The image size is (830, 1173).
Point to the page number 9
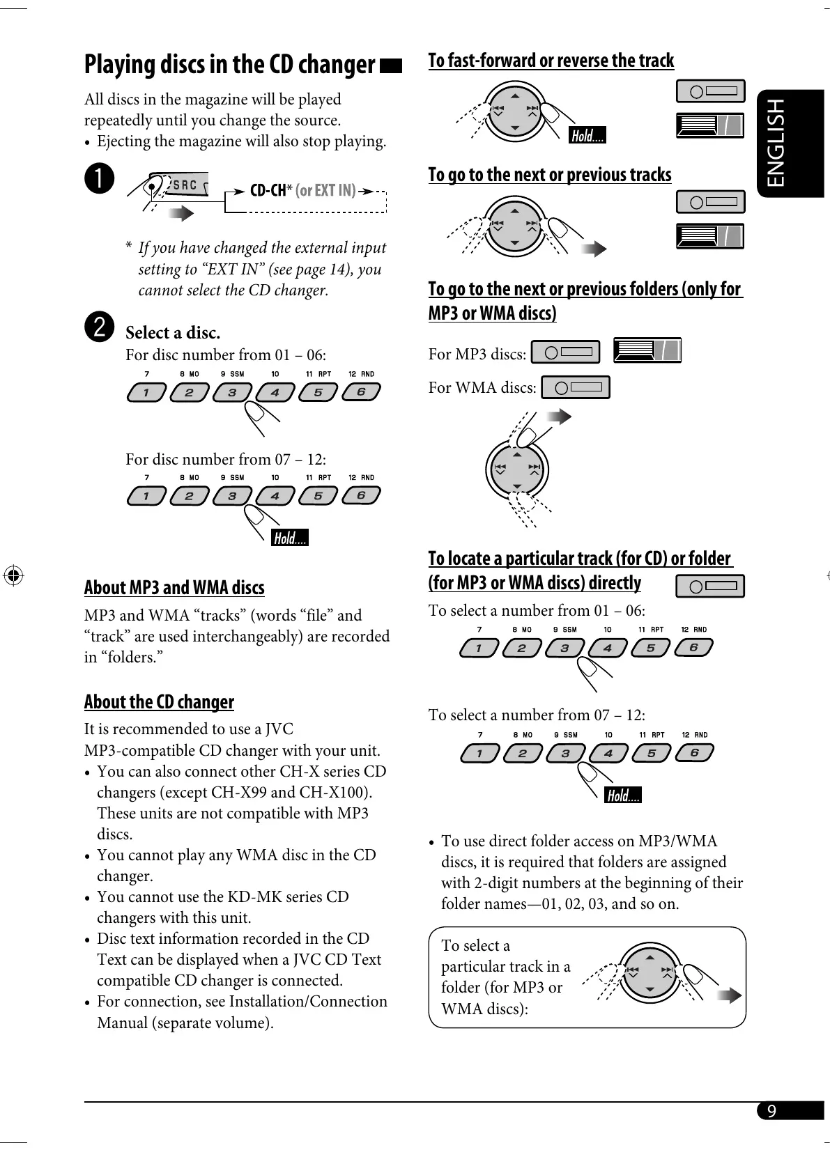tap(771, 1111)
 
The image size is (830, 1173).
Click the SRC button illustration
tap(185, 185)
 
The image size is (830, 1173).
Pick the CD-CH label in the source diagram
tap(268, 190)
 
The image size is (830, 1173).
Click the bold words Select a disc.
tap(173, 332)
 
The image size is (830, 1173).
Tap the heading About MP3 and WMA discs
tap(174, 588)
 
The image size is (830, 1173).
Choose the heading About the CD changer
tap(159, 701)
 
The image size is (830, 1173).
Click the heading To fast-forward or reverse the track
tap(551, 61)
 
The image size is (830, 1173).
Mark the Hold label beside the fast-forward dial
tap(587, 136)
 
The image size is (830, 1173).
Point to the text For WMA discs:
tap(482, 387)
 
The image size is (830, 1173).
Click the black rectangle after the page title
tap(392, 66)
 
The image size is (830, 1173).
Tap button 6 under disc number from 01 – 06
tap(360, 392)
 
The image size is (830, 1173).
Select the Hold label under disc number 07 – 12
tap(289, 538)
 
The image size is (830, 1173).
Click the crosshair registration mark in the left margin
tap(13, 575)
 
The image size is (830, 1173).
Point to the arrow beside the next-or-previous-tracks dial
tap(594, 249)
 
